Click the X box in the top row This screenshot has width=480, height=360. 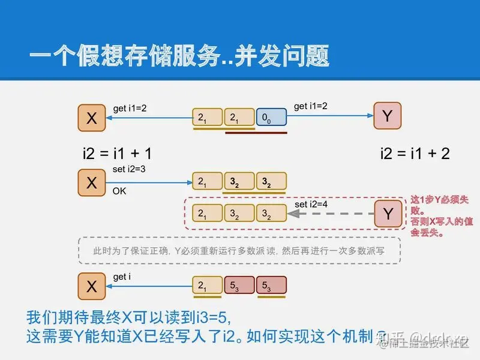tap(92, 118)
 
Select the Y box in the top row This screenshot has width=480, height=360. tap(388, 116)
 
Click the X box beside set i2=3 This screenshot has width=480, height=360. tap(92, 182)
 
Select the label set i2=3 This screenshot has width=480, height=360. tap(129, 169)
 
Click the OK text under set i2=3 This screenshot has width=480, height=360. tap(119, 191)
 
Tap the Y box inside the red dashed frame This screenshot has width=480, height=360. tap(388, 214)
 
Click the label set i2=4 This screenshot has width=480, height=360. tap(311, 204)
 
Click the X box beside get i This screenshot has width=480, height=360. tap(92, 287)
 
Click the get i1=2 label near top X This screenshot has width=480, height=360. tap(130, 109)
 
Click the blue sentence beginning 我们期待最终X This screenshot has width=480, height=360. tap(128, 316)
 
